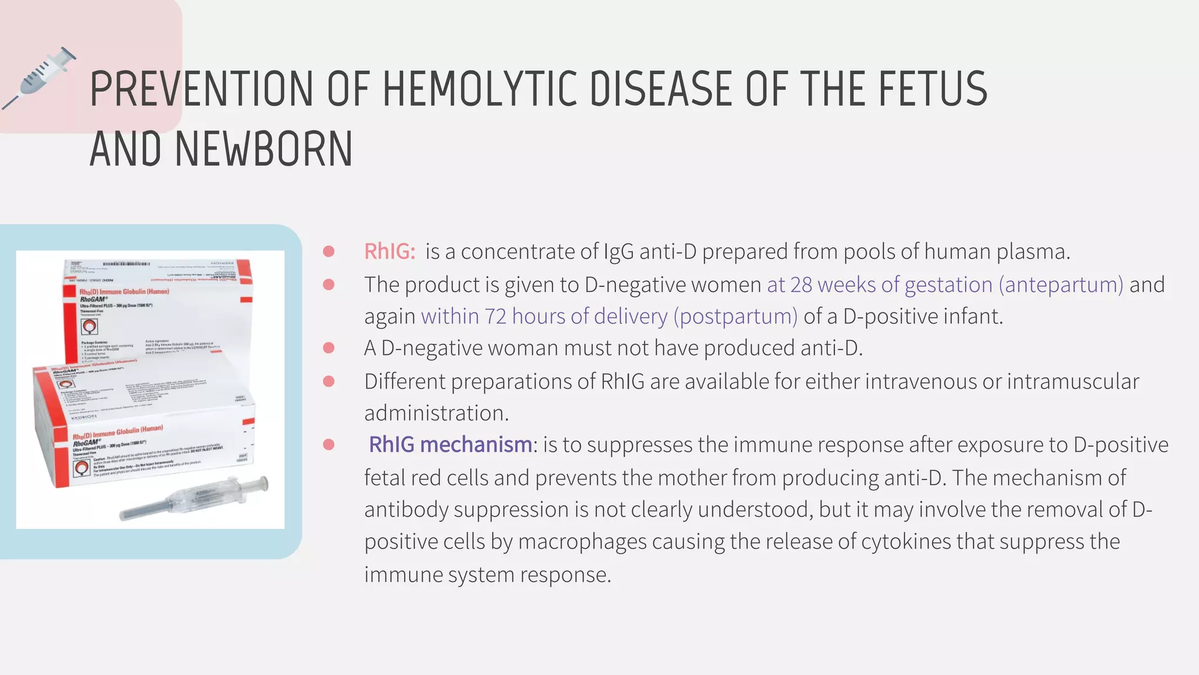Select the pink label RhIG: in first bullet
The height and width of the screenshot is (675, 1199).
pyautogui.click(x=389, y=251)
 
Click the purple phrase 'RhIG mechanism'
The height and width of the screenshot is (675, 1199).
pyautogui.click(x=450, y=445)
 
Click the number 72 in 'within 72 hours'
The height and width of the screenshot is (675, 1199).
pyautogui.click(x=495, y=316)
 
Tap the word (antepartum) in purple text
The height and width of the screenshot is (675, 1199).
pyautogui.click(x=1061, y=285)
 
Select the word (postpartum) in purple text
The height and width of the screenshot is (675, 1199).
pyautogui.click(x=735, y=316)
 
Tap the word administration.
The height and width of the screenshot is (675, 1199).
pyautogui.click(x=436, y=413)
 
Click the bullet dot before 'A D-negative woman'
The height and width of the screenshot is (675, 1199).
pyautogui.click(x=329, y=348)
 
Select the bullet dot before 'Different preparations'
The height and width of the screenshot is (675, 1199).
pyautogui.click(x=329, y=381)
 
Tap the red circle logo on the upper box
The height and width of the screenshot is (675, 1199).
pyautogui.click(x=90, y=326)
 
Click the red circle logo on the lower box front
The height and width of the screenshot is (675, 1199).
pyautogui.click(x=82, y=468)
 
